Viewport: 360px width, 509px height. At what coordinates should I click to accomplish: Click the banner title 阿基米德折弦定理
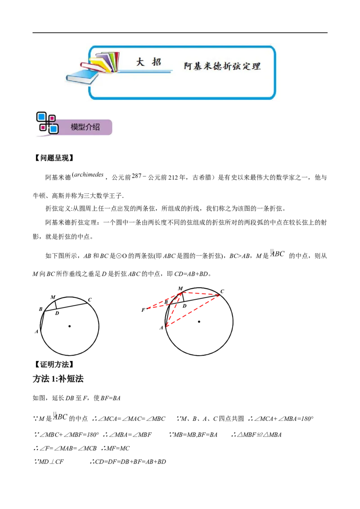pyautogui.click(x=222, y=66)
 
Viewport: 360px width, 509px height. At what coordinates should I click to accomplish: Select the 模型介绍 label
pyautogui.click(x=85, y=127)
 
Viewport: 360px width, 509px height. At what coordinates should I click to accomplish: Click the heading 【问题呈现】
pyautogui.click(x=54, y=158)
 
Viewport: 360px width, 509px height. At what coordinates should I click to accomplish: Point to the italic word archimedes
pyautogui.click(x=89, y=174)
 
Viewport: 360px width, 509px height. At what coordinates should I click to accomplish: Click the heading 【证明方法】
pyautogui.click(x=54, y=365)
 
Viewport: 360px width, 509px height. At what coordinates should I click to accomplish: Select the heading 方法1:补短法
pyautogui.click(x=58, y=379)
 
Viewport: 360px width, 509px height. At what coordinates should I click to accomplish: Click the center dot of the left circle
pyautogui.click(x=70, y=326)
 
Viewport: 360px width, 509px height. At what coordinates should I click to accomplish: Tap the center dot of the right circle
pyautogui.click(x=199, y=321)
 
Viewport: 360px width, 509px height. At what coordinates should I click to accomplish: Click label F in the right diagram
pyautogui.click(x=143, y=310)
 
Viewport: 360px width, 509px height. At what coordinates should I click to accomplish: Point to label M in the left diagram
pyautogui.click(x=53, y=297)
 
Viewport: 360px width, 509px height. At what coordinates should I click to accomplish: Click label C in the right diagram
pyautogui.click(x=222, y=291)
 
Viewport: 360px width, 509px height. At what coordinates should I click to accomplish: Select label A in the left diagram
pyautogui.click(x=36, y=331)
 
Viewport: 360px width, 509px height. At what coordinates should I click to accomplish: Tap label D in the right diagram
pyautogui.click(x=184, y=306)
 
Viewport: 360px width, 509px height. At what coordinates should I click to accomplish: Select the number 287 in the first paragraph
pyautogui.click(x=136, y=176)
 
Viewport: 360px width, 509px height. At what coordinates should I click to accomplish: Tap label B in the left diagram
pyautogui.click(x=40, y=309)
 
